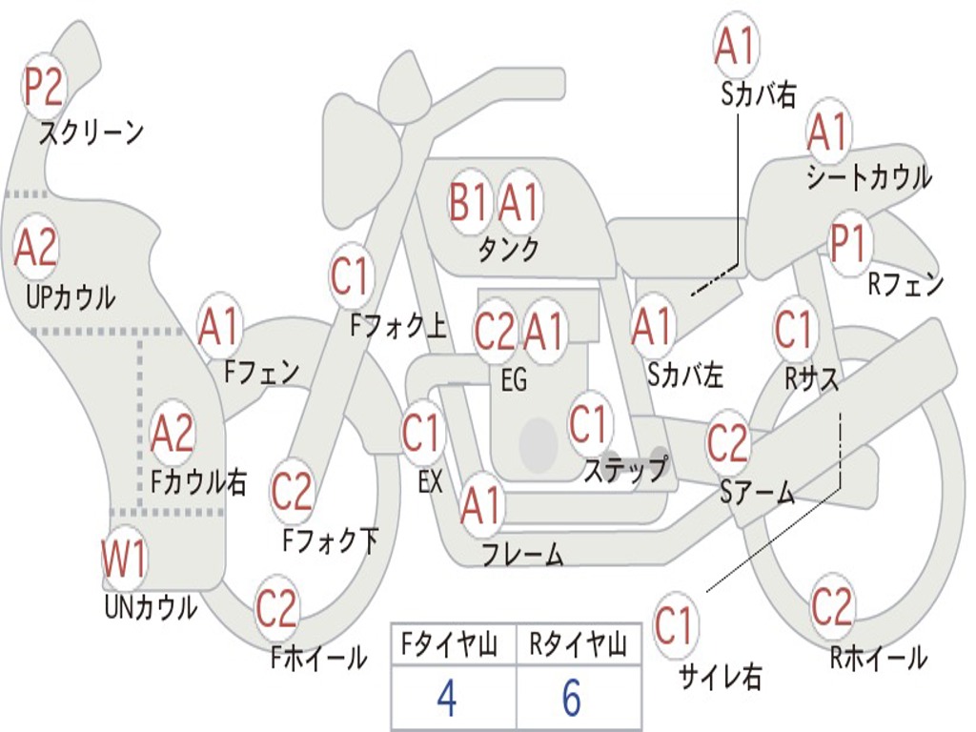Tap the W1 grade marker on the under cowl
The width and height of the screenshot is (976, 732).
[x=125, y=560]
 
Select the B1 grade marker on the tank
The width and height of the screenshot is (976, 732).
[x=469, y=202]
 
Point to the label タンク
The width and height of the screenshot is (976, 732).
[x=508, y=250]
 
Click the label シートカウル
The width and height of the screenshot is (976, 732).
[x=868, y=177]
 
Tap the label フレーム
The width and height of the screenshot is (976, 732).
[x=522, y=555]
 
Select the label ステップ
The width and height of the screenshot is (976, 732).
[x=625, y=470]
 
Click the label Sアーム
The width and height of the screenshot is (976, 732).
[x=757, y=492]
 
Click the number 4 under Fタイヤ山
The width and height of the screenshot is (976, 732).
[x=446, y=699]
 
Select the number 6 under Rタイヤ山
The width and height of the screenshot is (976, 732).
[x=572, y=699]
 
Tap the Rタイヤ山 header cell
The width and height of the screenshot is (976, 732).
[x=578, y=645]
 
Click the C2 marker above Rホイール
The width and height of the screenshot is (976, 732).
[x=831, y=606]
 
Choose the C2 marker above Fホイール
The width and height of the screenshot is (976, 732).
[x=277, y=608]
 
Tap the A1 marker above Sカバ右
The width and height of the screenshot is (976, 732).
[x=736, y=46]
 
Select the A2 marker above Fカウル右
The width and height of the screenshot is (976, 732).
[x=173, y=434]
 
